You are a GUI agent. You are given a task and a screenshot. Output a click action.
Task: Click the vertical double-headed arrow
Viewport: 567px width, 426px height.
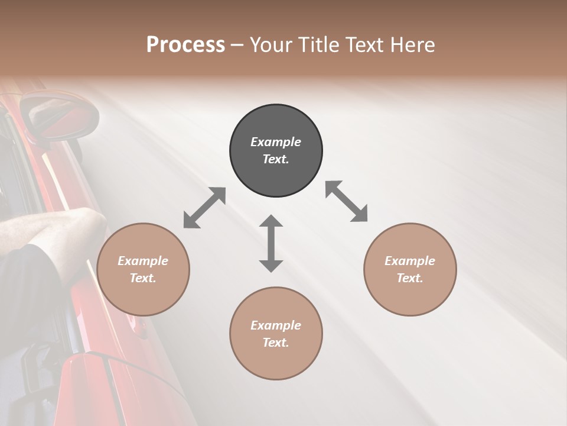point(271,243)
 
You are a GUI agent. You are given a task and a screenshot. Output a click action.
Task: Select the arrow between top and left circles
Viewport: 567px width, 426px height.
point(204,208)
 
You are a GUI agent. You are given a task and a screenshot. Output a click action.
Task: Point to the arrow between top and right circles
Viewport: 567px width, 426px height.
point(347,201)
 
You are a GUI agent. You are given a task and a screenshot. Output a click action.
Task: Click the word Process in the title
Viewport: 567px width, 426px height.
point(185,44)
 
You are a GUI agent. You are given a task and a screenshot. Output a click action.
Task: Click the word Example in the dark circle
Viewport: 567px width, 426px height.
point(276,142)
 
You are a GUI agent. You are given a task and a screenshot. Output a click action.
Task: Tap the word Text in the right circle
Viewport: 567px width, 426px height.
point(409,278)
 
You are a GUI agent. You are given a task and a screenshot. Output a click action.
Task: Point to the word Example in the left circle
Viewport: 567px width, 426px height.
point(143,261)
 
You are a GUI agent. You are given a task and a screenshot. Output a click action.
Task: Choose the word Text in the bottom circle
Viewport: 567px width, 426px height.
point(275,343)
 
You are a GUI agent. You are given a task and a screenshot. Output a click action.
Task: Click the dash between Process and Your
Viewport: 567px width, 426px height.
point(237,45)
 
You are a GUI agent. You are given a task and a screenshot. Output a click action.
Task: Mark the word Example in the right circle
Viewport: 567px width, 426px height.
point(410,261)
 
